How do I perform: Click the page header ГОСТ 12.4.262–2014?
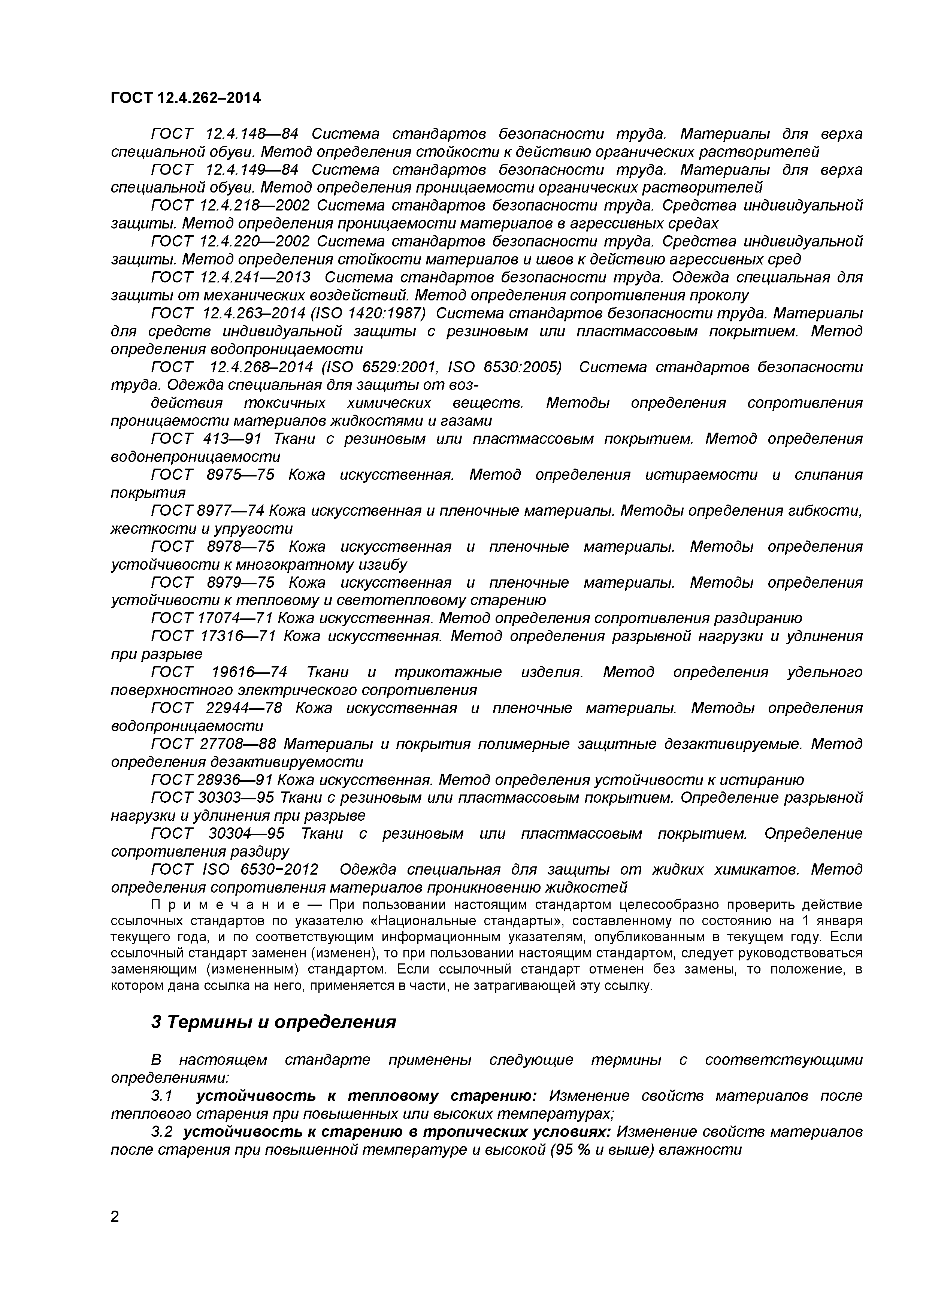(185, 99)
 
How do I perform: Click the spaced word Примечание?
(226, 905)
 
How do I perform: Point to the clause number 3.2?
(163, 1132)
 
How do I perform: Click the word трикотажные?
(448, 672)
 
